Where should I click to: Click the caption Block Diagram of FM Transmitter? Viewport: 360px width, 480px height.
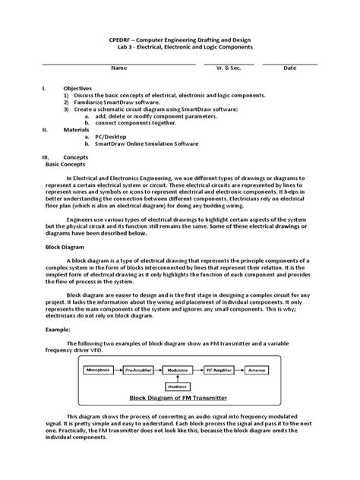pyautogui.click(x=178, y=397)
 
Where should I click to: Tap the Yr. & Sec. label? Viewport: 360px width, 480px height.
pyautogui.click(x=229, y=68)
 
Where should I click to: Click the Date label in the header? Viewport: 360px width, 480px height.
pyautogui.click(x=289, y=68)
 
